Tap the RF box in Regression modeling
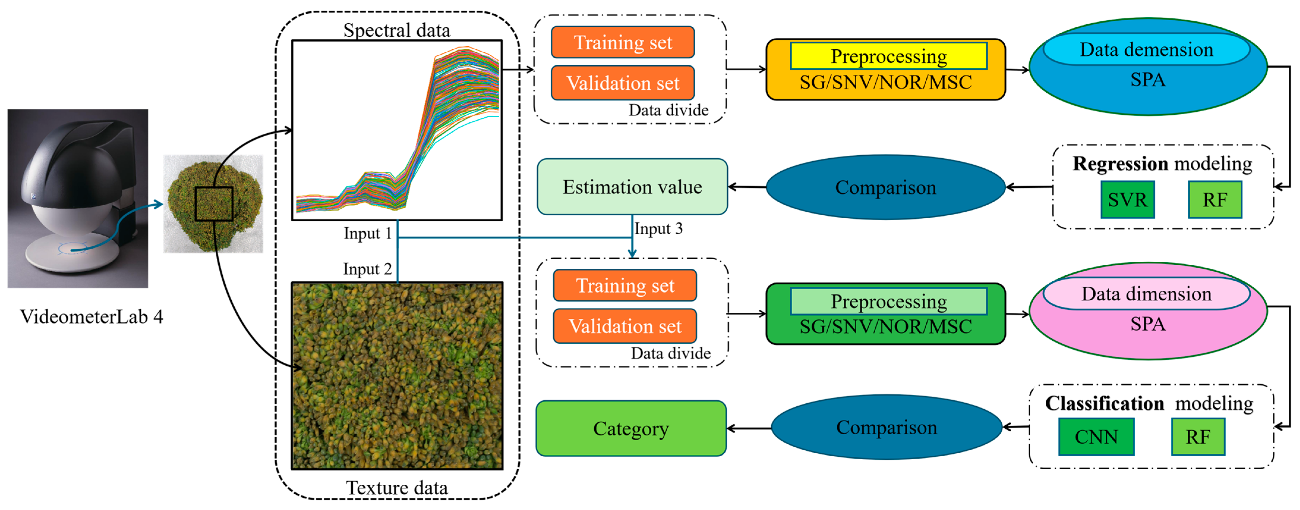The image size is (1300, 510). pos(1215,200)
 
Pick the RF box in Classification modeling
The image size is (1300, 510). pos(1198,436)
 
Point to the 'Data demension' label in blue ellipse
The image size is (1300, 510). pos(1146,49)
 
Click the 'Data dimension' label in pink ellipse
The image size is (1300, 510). pos(1146,293)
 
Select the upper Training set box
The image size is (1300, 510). pos(623,42)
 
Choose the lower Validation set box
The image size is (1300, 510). pos(625,326)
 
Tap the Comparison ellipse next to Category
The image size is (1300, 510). pos(886,427)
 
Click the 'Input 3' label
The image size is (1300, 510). pos(658,228)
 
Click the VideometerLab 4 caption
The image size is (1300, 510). pos(91,317)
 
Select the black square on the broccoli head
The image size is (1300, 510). pos(214,204)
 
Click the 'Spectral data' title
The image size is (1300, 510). pos(397,30)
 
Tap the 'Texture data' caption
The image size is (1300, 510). pos(397,488)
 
